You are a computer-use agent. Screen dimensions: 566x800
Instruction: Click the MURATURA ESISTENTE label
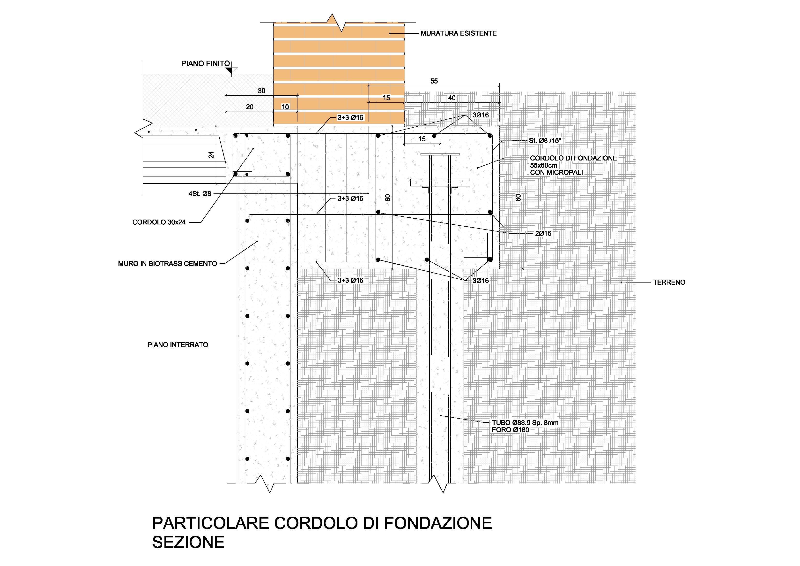tap(458, 33)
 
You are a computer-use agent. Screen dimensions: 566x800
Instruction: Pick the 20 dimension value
tap(250, 107)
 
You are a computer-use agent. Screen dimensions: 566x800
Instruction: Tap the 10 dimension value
tap(285, 107)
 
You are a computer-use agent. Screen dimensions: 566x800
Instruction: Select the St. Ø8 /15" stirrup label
tap(545, 141)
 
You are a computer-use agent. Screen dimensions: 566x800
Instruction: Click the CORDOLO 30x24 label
tap(159, 222)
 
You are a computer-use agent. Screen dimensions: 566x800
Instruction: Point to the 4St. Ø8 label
tap(200, 194)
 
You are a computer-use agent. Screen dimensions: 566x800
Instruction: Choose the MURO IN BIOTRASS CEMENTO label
tap(167, 264)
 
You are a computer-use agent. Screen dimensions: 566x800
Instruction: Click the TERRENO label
tap(669, 282)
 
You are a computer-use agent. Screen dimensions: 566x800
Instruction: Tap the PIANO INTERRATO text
tap(178, 345)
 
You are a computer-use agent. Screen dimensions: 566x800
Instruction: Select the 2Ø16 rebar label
tap(543, 233)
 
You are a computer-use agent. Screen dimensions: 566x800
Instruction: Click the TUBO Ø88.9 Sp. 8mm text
tap(525, 423)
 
